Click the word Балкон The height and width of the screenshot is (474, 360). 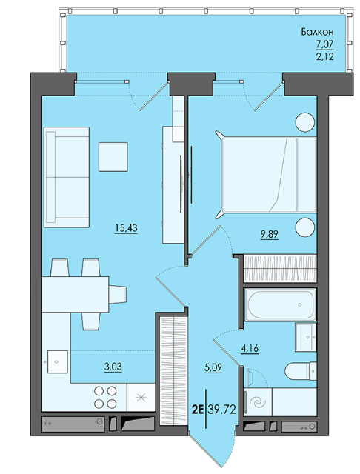[317, 32]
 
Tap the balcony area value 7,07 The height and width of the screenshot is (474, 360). [325, 44]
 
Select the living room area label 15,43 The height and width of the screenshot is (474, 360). [126, 227]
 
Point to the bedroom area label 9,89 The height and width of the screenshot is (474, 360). [270, 234]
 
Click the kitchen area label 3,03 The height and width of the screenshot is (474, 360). [113, 367]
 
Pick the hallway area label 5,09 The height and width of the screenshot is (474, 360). [213, 367]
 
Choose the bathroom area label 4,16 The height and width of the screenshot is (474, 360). [250, 349]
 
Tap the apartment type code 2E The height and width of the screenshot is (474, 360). [198, 410]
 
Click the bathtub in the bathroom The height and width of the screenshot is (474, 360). [280, 304]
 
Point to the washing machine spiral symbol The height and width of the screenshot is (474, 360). [258, 403]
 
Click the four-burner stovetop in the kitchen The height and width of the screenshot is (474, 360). [105, 398]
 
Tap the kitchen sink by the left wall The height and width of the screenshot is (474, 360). [58, 362]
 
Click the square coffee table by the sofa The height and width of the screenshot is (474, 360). [113, 157]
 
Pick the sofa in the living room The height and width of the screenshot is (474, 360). [67, 177]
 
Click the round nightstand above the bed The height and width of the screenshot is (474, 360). [305, 122]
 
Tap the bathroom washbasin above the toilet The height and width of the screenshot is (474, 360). [306, 338]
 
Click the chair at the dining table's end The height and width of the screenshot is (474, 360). [118, 295]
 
